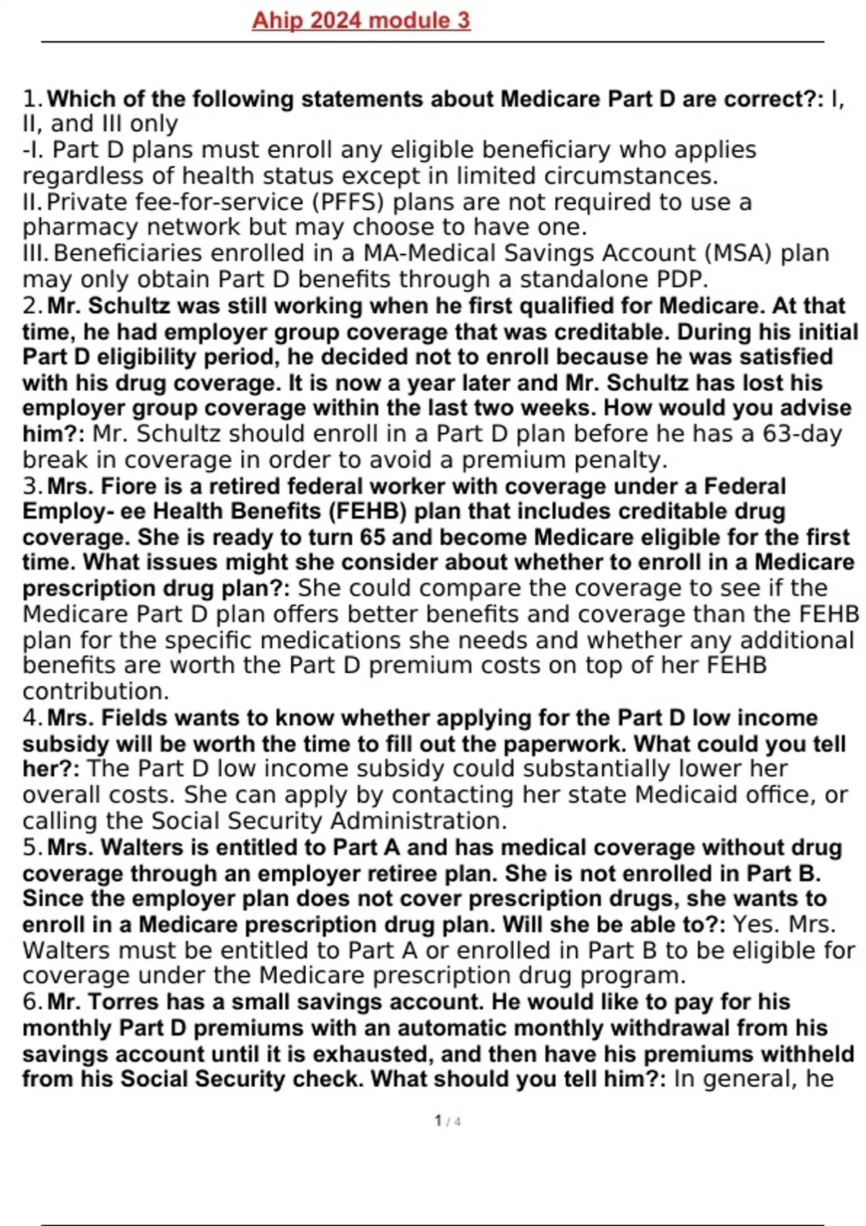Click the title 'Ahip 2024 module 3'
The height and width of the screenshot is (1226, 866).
click(x=361, y=20)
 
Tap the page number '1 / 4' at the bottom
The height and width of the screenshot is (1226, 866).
click(x=447, y=1121)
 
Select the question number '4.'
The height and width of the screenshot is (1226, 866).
click(x=33, y=718)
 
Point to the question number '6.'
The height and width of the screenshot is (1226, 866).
click(x=33, y=1002)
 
